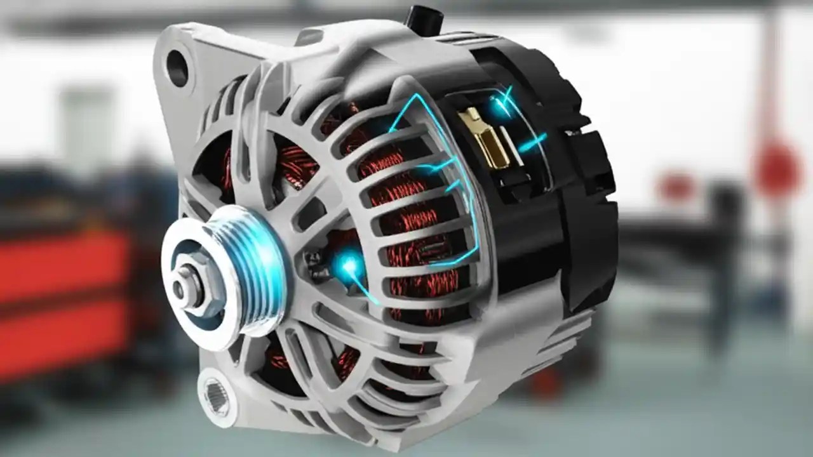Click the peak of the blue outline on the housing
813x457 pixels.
[416, 96]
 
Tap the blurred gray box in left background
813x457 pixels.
[89, 127]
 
